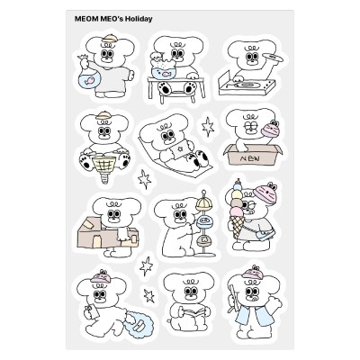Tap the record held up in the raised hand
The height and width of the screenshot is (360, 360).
[x=273, y=58]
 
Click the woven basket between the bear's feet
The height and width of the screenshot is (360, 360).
[x=104, y=165]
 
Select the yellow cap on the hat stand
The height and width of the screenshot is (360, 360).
[x=203, y=205]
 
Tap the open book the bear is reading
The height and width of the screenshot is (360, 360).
[x=194, y=313]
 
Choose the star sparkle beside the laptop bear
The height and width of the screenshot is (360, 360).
[x=208, y=127]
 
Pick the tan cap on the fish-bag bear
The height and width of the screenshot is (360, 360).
[x=109, y=39]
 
